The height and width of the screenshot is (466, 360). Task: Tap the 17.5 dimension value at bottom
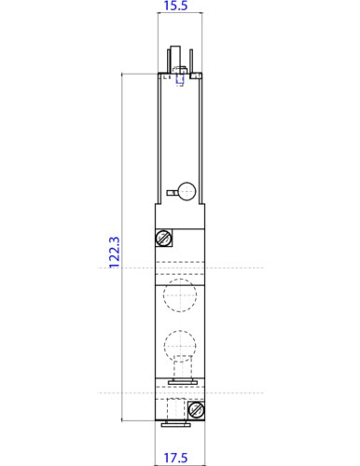click(x=178, y=457)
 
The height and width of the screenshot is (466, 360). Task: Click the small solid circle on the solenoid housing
click(x=187, y=191)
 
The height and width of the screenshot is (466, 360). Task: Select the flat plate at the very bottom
click(x=178, y=424)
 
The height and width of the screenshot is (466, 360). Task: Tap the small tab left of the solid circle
click(x=171, y=193)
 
